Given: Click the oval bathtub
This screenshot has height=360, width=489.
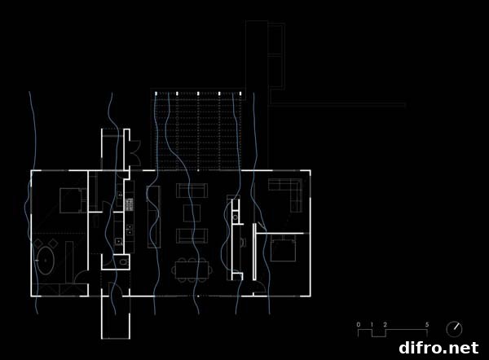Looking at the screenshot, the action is click(x=46, y=261).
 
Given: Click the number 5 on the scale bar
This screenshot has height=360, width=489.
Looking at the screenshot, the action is click(x=427, y=324).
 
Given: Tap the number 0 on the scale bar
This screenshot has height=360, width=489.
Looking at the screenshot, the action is click(x=359, y=324).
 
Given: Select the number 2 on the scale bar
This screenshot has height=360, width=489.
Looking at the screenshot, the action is click(x=385, y=324).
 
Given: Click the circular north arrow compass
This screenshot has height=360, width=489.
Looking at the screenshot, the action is click(x=454, y=329).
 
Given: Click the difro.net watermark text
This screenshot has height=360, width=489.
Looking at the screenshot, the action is click(x=438, y=348).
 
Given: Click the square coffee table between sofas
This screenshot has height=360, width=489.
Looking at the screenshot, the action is click(x=192, y=213).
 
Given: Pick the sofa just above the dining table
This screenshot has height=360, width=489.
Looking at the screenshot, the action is click(x=192, y=235).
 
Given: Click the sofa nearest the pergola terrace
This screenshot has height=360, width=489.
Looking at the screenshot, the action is click(x=192, y=191).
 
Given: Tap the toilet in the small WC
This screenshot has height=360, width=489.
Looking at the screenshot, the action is click(x=125, y=261).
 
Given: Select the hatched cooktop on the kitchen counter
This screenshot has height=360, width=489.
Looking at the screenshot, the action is click(x=130, y=204).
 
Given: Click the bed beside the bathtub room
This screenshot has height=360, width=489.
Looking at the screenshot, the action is click(x=73, y=200).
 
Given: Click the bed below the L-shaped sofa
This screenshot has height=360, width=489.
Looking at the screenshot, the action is click(x=283, y=248).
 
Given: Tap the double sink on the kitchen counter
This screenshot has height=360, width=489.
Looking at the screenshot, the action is click(x=130, y=230).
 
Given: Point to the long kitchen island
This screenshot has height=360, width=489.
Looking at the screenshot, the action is click(x=154, y=217).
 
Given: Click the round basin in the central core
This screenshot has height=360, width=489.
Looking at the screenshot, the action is click(x=236, y=217).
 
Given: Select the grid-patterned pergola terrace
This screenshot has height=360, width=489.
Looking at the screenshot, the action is click(x=198, y=131).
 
